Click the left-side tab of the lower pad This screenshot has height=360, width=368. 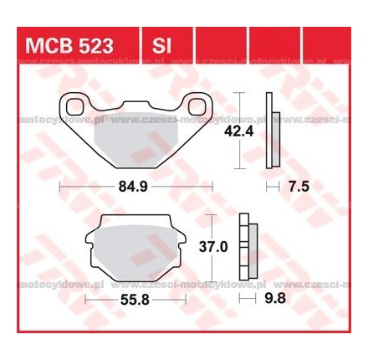tap(89, 241)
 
